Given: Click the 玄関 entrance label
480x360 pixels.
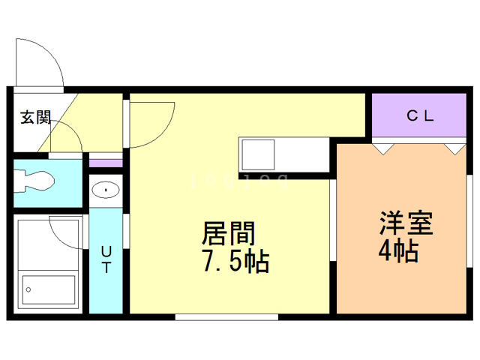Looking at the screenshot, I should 35,117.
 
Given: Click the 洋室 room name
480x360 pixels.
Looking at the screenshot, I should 406,223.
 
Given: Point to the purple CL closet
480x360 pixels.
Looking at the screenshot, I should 419,115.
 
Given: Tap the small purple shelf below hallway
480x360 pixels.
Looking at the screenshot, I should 106,162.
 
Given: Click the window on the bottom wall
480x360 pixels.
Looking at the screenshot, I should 226,317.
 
